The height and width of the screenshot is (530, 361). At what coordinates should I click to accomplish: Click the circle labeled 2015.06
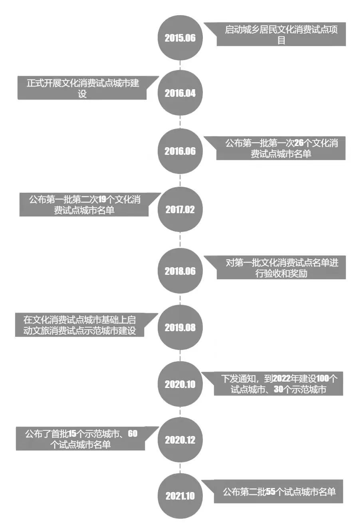pyautogui.click(x=180, y=38)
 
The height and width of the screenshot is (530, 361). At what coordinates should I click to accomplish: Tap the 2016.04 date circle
pyautogui.click(x=180, y=93)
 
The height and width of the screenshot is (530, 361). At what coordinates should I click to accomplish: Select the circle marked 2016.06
pyautogui.click(x=180, y=151)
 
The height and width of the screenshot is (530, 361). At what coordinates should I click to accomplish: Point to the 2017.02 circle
pyautogui.click(x=180, y=210)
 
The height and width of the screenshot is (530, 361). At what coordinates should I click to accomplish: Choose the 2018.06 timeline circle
pyautogui.click(x=180, y=271)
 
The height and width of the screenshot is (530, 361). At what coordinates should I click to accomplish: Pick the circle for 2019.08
pyautogui.click(x=180, y=328)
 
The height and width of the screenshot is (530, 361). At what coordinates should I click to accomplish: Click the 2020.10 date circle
pyautogui.click(x=180, y=384)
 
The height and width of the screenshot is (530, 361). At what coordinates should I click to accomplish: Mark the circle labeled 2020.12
pyautogui.click(x=180, y=440)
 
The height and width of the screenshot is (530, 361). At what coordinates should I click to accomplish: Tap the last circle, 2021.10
pyautogui.click(x=180, y=496)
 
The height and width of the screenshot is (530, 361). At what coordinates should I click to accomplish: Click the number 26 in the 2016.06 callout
pyautogui.click(x=299, y=143)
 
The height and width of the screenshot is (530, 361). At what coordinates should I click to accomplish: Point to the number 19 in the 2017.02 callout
pyautogui.click(x=103, y=199)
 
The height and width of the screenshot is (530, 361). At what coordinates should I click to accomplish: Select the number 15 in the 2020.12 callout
pyautogui.click(x=72, y=434)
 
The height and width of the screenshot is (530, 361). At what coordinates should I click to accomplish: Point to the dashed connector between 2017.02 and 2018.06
pyautogui.click(x=180, y=240)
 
